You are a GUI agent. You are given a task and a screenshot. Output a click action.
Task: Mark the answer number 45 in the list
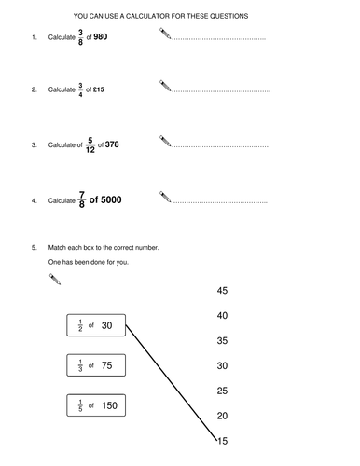point(222,291)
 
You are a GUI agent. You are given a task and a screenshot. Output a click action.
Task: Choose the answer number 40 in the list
point(222,316)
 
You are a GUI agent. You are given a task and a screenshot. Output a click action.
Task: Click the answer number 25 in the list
point(222,391)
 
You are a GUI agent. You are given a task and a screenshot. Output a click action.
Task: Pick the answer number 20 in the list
point(222,416)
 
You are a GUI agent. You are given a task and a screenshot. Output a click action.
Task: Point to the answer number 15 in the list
point(222,440)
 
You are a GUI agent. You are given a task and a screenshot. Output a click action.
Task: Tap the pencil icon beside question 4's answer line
point(165,197)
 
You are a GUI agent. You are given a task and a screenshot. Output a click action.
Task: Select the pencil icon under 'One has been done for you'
point(53,278)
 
